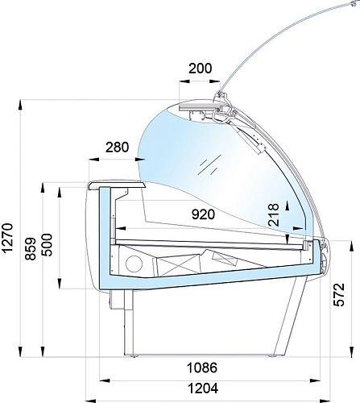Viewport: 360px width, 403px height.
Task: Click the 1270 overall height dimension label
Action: [7, 237]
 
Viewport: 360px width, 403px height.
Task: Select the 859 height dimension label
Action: [31, 248]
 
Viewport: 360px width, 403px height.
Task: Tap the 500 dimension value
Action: [48, 245]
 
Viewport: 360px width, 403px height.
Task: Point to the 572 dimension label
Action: [339, 294]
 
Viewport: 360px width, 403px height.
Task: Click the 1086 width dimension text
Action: [202, 368]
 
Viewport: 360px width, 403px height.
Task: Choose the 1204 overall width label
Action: [203, 388]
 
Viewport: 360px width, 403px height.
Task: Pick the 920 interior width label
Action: [204, 214]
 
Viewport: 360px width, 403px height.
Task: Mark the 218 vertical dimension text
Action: [274, 214]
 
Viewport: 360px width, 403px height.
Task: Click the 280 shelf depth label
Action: [117, 147]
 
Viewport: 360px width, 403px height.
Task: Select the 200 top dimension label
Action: [201, 69]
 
